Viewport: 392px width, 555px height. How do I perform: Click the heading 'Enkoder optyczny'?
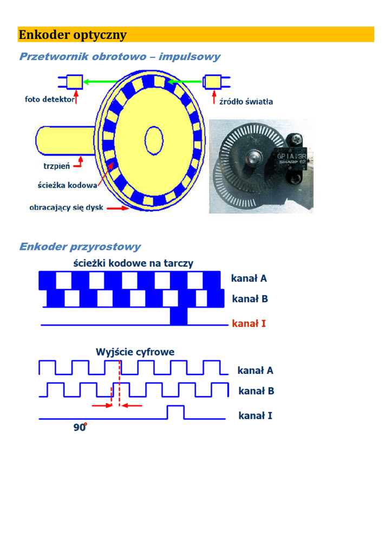click(73, 35)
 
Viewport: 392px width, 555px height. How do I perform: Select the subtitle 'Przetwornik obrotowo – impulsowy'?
click(120, 56)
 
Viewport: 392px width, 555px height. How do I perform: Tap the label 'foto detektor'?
click(49, 99)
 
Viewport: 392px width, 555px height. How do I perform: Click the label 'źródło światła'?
click(246, 101)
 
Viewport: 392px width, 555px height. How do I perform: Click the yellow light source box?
click(213, 82)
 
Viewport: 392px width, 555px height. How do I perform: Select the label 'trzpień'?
click(56, 166)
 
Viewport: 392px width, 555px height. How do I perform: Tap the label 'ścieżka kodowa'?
click(67, 185)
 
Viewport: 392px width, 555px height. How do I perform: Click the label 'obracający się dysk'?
click(66, 208)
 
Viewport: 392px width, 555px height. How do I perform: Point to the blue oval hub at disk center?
click(154, 140)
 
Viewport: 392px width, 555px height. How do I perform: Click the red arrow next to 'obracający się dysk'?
click(117, 208)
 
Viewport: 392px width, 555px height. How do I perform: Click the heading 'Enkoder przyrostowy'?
click(80, 247)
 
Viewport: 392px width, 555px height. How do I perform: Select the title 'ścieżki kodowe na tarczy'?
click(133, 263)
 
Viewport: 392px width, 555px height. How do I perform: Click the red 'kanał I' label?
click(249, 324)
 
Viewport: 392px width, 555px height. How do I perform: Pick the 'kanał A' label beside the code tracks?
click(249, 279)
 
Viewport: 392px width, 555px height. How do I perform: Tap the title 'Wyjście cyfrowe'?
click(135, 352)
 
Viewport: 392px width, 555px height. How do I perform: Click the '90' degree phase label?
click(80, 427)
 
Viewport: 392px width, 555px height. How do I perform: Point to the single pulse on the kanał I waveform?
click(175, 412)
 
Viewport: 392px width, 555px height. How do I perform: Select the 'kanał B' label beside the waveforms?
click(256, 391)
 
